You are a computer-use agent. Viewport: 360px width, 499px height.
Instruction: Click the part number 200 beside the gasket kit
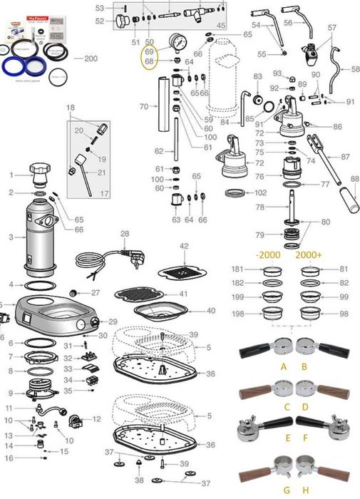pyautogui.click(x=91, y=58)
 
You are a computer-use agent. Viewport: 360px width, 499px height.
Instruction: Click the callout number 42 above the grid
pyautogui.click(x=184, y=246)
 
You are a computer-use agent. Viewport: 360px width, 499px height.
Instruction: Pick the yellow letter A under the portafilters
pyautogui.click(x=284, y=366)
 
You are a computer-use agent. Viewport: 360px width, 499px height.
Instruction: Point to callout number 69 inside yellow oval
pyautogui.click(x=149, y=53)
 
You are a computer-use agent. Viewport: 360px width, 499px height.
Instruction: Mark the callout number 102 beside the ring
pyautogui.click(x=261, y=192)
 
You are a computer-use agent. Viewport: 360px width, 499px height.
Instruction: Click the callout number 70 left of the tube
pyautogui.click(x=143, y=106)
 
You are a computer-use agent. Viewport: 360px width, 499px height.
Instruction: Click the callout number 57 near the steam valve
pyautogui.click(x=331, y=28)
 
